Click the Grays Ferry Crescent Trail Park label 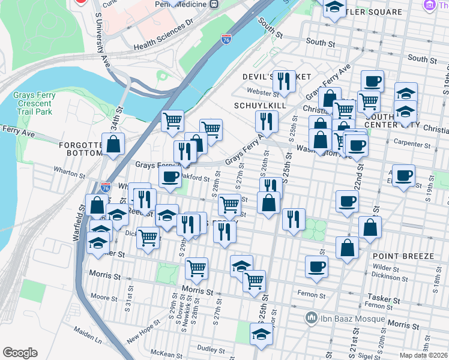(x=35, y=103)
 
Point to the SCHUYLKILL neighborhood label (x=260, y=105)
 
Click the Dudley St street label (x=210, y=349)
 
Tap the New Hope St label (x=143, y=331)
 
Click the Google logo (x=20, y=353)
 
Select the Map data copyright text (x=423, y=355)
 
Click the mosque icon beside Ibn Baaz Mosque (x=312, y=316)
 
